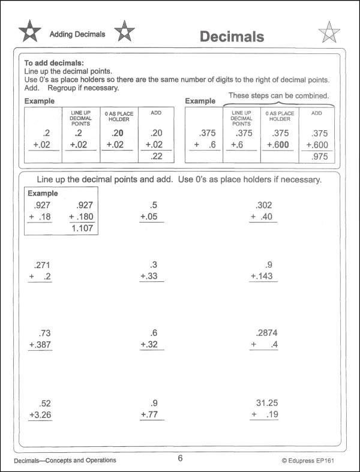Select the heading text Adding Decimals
tap(77, 34)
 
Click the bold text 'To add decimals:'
tap(53, 63)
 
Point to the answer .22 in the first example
tap(156, 156)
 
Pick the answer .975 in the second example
tap(317, 156)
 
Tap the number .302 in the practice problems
tap(264, 205)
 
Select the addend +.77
tap(152, 414)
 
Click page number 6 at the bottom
tap(180, 459)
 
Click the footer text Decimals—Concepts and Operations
tap(65, 461)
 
